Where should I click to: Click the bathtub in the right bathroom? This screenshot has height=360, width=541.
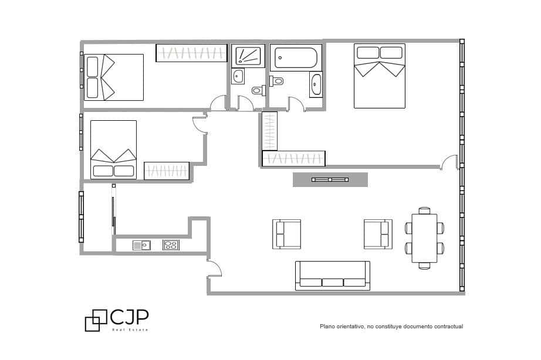[296, 57]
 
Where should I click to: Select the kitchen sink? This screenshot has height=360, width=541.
[141, 245]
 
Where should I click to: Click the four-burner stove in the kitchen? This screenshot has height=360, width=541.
[171, 245]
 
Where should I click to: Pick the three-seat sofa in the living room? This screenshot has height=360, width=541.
[333, 276]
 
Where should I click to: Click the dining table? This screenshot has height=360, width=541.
[425, 238]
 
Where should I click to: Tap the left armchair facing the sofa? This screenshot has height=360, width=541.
[287, 234]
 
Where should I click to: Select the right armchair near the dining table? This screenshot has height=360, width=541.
[377, 234]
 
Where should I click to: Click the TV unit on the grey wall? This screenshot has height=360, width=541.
[330, 179]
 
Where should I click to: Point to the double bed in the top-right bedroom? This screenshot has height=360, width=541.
[380, 76]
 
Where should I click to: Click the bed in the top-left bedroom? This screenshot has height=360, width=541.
[114, 77]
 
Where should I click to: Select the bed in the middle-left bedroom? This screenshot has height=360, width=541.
[113, 150]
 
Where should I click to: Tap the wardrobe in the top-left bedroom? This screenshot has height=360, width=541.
[191, 53]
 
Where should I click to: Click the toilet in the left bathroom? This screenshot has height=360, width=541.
[258, 90]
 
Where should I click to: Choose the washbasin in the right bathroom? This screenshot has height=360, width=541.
[316, 84]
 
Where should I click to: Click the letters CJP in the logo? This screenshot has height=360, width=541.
[129, 317]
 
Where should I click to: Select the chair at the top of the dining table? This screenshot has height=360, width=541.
[424, 210]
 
